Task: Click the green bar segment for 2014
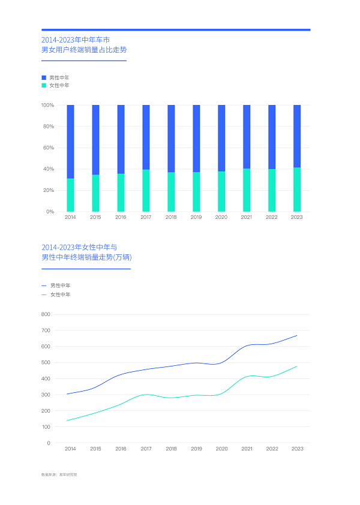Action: pyautogui.click(x=70, y=195)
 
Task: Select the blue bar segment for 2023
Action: pyautogui.click(x=297, y=136)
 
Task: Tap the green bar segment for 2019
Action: pyautogui.click(x=196, y=192)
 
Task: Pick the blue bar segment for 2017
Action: pyautogui.click(x=146, y=137)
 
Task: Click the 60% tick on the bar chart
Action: pyautogui.click(x=48, y=148)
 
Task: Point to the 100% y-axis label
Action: pyautogui.click(x=47, y=105)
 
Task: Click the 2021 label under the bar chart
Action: pyautogui.click(x=247, y=217)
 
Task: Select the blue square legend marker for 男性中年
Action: pyautogui.click(x=44, y=78)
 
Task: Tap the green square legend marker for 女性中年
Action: pyautogui.click(x=44, y=86)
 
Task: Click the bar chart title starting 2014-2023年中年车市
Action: pyautogui.click(x=76, y=39)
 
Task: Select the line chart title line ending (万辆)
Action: pyautogui.click(x=86, y=257)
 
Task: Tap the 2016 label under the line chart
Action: pyautogui.click(x=121, y=449)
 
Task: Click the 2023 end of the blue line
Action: pyautogui.click(x=296, y=335)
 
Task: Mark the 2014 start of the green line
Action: pyautogui.click(x=67, y=420)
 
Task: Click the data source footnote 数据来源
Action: pyautogui.click(x=59, y=474)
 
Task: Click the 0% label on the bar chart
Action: pyautogui.click(x=50, y=212)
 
